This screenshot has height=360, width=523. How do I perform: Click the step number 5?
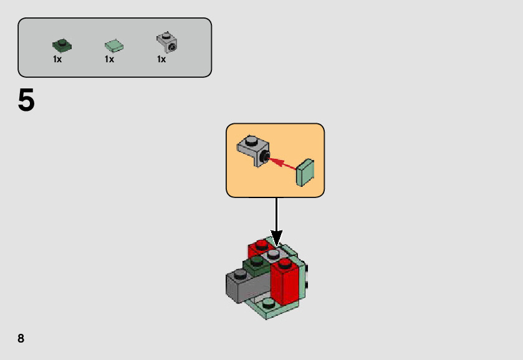click(26, 100)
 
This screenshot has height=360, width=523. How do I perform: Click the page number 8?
click(21, 338)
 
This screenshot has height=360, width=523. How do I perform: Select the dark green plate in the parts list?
click(62, 45)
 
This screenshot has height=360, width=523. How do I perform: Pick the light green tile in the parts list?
click(113, 45)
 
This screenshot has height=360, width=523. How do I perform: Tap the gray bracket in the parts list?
click(166, 42)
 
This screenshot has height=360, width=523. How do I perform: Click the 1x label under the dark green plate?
click(57, 60)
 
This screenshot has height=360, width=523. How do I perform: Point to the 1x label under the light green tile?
click(109, 60)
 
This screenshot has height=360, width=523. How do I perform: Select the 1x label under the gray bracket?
click(161, 60)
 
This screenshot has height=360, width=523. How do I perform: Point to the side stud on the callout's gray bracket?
click(266, 156)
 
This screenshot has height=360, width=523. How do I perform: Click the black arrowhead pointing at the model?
click(276, 238)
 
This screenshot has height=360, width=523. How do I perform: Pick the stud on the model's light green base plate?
click(269, 304)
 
